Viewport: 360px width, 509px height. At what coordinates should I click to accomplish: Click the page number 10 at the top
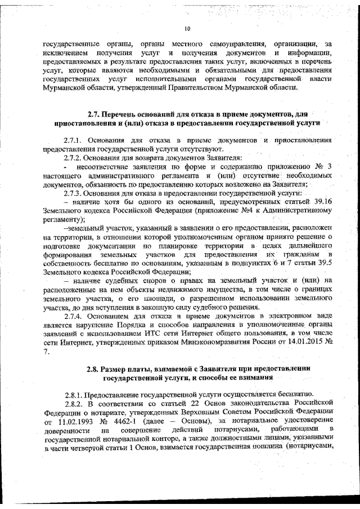(187, 29)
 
